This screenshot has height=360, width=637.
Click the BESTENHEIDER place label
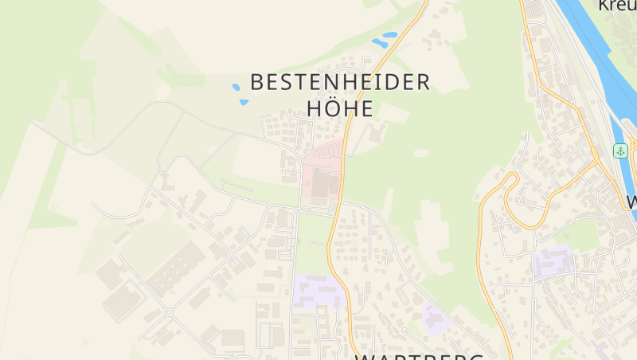[x=340, y=82]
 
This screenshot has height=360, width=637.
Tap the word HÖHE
[x=340, y=109]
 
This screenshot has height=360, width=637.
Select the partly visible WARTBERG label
[x=419, y=355]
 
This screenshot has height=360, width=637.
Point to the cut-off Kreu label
[x=618, y=5]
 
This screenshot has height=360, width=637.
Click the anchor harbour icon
[x=620, y=151]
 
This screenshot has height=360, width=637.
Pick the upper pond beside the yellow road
[x=389, y=35]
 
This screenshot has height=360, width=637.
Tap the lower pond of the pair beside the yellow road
[x=379, y=43]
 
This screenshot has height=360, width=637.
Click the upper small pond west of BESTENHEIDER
[x=236, y=86]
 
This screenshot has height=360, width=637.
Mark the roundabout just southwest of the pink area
[x=298, y=210]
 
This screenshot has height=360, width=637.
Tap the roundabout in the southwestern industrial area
[x=168, y=312]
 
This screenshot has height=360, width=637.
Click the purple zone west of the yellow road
[x=318, y=292]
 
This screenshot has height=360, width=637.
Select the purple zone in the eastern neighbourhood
[x=554, y=260]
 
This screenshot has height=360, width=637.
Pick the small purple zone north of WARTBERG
[x=436, y=319]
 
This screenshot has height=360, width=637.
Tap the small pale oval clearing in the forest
[x=421, y=152]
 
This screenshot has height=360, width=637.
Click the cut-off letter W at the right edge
[x=631, y=202]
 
